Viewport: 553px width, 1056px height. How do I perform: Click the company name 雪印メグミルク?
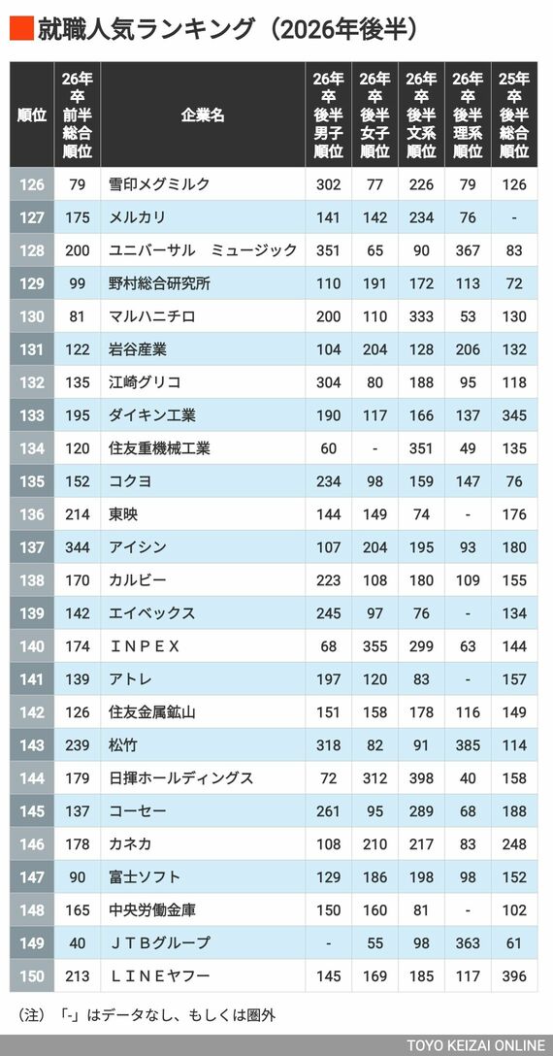click(x=160, y=183)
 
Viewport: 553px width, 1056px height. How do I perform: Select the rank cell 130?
click(x=32, y=315)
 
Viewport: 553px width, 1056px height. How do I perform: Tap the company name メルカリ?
click(x=138, y=216)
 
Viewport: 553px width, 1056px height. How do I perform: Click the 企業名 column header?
click(x=203, y=115)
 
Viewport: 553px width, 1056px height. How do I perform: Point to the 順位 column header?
click(x=32, y=115)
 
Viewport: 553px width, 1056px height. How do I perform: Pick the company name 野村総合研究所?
click(x=160, y=282)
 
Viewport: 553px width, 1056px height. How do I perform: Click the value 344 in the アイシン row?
click(x=78, y=546)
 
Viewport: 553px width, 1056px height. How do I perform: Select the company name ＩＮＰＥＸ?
click(x=145, y=645)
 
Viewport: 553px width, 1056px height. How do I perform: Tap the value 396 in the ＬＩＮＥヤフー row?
click(x=514, y=975)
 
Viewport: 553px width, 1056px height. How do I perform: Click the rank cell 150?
click(x=32, y=975)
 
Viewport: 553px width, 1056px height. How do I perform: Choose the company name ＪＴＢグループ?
click(x=160, y=942)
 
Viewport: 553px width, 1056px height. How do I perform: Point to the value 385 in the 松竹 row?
click(x=468, y=744)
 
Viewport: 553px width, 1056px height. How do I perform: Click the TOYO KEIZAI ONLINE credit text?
click(x=475, y=1045)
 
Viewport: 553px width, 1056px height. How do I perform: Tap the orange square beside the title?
click(x=21, y=28)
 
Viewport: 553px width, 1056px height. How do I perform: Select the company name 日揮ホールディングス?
click(x=181, y=777)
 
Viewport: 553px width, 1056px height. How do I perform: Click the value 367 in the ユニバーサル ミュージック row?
click(x=468, y=249)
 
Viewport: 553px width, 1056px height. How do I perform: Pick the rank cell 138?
click(x=32, y=579)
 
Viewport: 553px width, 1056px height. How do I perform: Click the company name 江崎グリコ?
click(x=145, y=381)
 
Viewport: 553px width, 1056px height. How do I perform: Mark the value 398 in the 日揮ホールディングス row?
click(x=421, y=777)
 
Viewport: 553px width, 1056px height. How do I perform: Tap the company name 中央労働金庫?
click(x=152, y=909)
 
